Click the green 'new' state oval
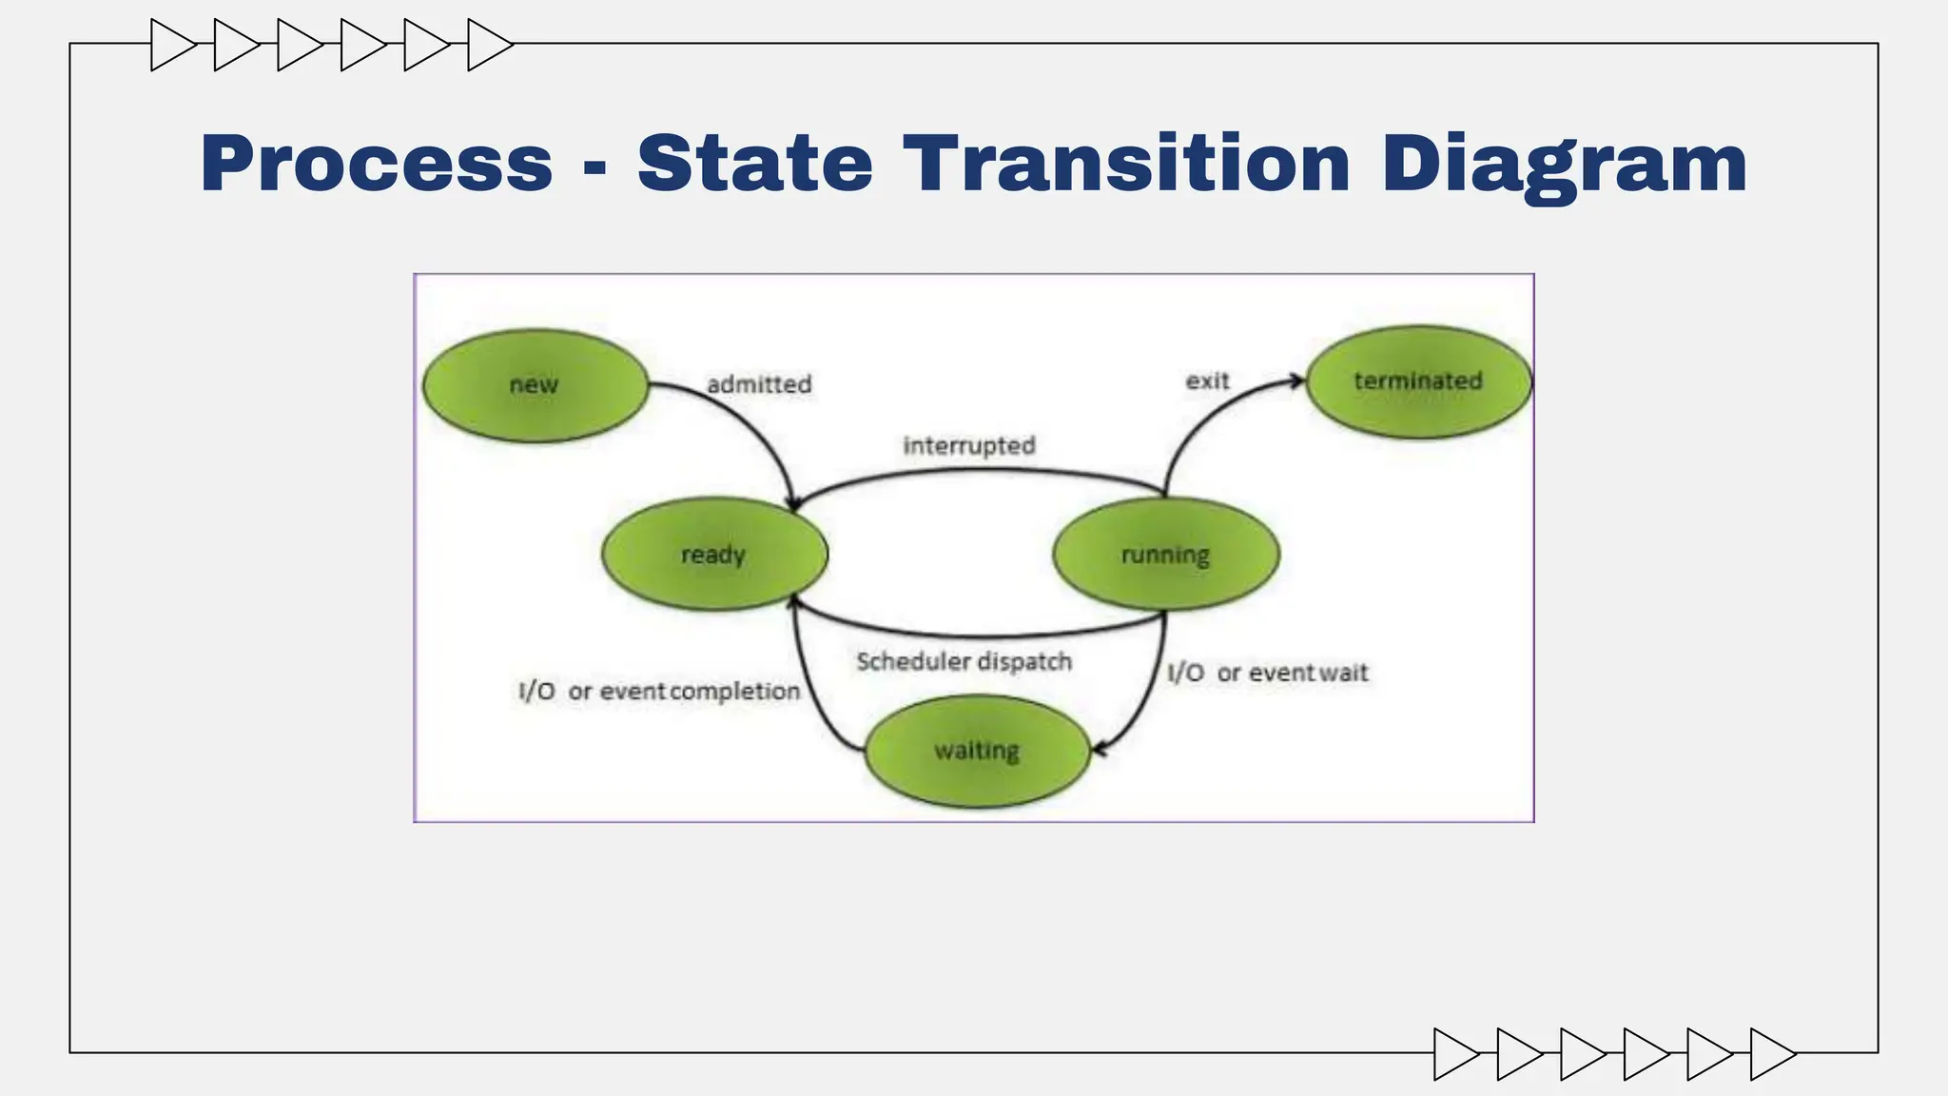[x=536, y=385]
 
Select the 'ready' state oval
[x=714, y=554]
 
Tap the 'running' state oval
[x=1165, y=554]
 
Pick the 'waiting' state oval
[x=977, y=751]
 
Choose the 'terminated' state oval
[x=1418, y=382]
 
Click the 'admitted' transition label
[x=759, y=384]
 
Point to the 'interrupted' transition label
[x=969, y=445]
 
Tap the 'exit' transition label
[x=1207, y=381]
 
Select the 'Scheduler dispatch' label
[x=964, y=661]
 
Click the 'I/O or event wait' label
[x=1268, y=673]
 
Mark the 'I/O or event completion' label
[x=659, y=691]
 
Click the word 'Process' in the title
[x=377, y=164]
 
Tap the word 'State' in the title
[x=755, y=164]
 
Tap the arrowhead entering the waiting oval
[x=1099, y=750]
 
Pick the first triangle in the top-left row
[x=171, y=45]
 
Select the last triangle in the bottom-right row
[x=1770, y=1054]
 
